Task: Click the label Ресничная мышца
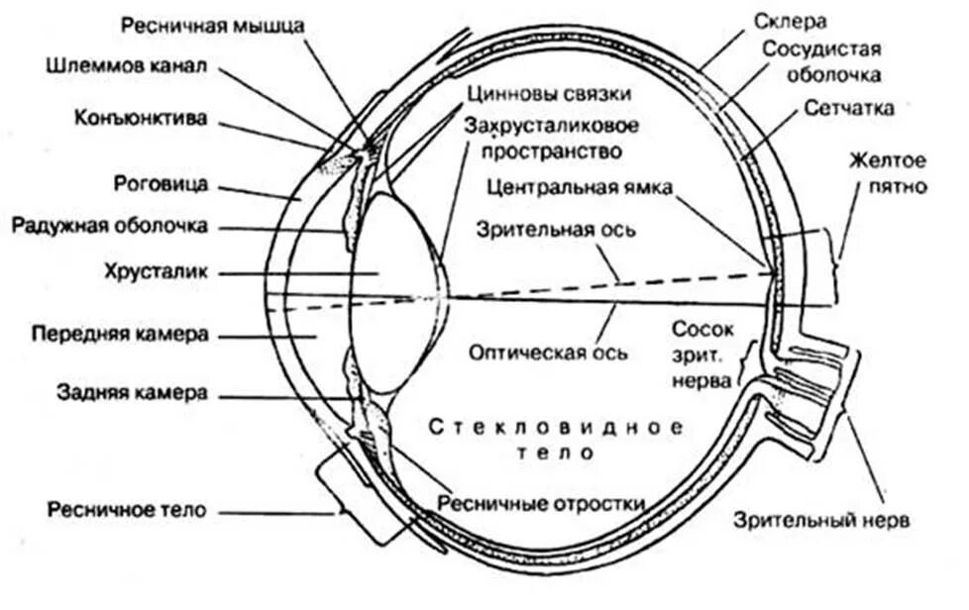[213, 25]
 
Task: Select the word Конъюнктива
[141, 119]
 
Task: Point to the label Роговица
[161, 183]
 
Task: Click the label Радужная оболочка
[110, 226]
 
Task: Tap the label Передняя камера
[119, 334]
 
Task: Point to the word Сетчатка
[849, 107]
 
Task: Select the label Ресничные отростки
[543, 502]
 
